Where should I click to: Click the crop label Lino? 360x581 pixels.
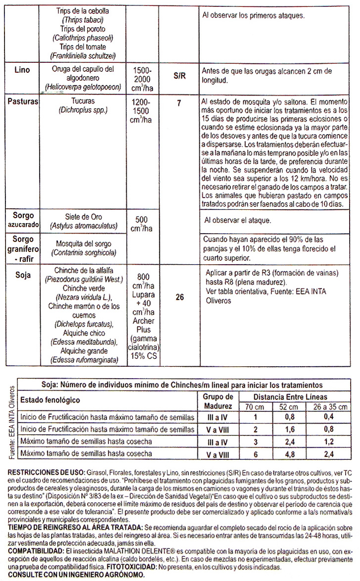(22, 70)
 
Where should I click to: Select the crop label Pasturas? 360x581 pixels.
(25, 101)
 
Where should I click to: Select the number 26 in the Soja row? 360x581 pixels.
(180, 297)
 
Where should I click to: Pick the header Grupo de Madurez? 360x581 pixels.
(218, 401)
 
